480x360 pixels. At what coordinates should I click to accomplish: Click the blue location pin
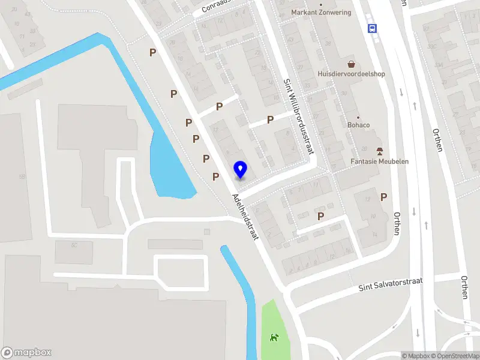tap(241, 169)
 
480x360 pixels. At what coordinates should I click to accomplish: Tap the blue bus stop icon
tap(373, 28)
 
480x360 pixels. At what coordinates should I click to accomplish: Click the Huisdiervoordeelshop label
tap(351, 74)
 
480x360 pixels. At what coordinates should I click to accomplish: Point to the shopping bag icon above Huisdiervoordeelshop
tap(351, 64)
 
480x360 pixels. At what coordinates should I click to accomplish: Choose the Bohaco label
tap(358, 125)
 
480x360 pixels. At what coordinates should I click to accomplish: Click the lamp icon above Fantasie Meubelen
tap(379, 150)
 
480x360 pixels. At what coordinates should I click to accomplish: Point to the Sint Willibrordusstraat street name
tap(299, 115)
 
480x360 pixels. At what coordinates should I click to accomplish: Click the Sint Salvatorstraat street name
tap(391, 284)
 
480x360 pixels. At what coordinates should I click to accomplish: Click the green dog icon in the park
tap(275, 338)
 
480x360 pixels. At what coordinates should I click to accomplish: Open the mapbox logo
tap(26, 353)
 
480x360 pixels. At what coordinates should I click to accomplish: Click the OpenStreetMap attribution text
tap(454, 356)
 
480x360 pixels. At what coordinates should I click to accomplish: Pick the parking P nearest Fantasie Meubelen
tap(383, 197)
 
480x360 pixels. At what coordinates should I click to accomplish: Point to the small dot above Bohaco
tap(358, 117)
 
